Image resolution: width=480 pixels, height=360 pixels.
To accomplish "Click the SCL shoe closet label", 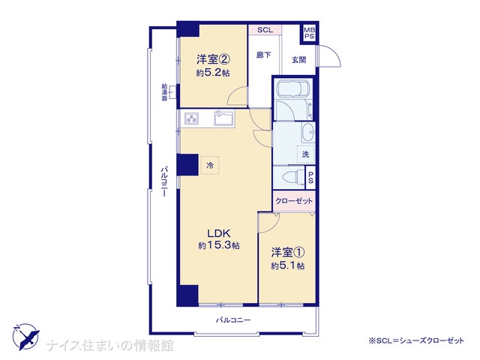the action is click(265, 30).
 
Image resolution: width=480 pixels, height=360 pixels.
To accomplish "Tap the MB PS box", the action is click(309, 33).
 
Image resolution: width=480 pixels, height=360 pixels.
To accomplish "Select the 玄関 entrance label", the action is click(298, 60).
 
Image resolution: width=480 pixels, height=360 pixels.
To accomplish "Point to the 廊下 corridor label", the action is click(263, 55).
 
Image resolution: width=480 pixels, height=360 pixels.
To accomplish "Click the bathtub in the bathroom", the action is click(294, 89).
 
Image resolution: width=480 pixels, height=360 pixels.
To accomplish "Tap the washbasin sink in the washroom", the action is click(308, 132).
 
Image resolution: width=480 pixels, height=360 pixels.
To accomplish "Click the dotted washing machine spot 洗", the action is click(306, 154).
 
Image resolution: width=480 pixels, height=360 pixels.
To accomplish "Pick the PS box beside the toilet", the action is click(310, 177).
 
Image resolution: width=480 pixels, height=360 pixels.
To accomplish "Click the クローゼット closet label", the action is click(294, 201).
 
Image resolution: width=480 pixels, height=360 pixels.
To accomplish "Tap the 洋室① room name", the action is click(287, 252).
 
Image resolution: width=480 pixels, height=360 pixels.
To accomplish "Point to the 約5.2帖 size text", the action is click(213, 73).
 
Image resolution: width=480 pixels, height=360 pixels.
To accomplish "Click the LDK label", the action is click(218, 233).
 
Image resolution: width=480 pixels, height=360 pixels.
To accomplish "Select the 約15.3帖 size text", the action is click(218, 245).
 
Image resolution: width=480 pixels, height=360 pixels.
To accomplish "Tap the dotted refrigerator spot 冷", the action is click(210, 165).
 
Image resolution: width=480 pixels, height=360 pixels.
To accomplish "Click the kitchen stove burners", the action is click(191, 118).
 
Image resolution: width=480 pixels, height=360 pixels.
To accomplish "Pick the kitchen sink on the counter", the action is click(223, 118).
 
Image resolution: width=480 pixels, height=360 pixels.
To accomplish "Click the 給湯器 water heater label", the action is click(164, 92).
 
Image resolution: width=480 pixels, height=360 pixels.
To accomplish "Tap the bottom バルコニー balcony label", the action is click(233, 320).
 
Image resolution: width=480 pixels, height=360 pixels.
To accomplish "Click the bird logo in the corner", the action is click(26, 337).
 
